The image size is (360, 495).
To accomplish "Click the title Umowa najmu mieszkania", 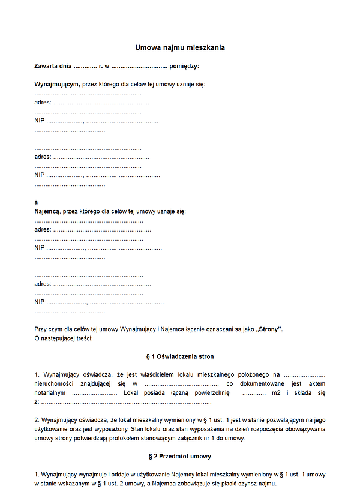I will [180, 47].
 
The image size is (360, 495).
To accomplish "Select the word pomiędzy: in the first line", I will [184, 66].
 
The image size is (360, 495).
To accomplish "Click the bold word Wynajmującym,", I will [57, 84].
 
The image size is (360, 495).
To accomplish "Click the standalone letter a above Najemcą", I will [36, 202].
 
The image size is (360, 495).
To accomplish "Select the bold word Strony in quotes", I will [269, 329].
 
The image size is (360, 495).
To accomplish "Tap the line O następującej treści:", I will [64, 338].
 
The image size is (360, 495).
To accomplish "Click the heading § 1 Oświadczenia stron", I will [180, 356].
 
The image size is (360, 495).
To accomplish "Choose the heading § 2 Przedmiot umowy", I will [180, 456].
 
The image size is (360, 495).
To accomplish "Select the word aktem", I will [316, 383].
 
